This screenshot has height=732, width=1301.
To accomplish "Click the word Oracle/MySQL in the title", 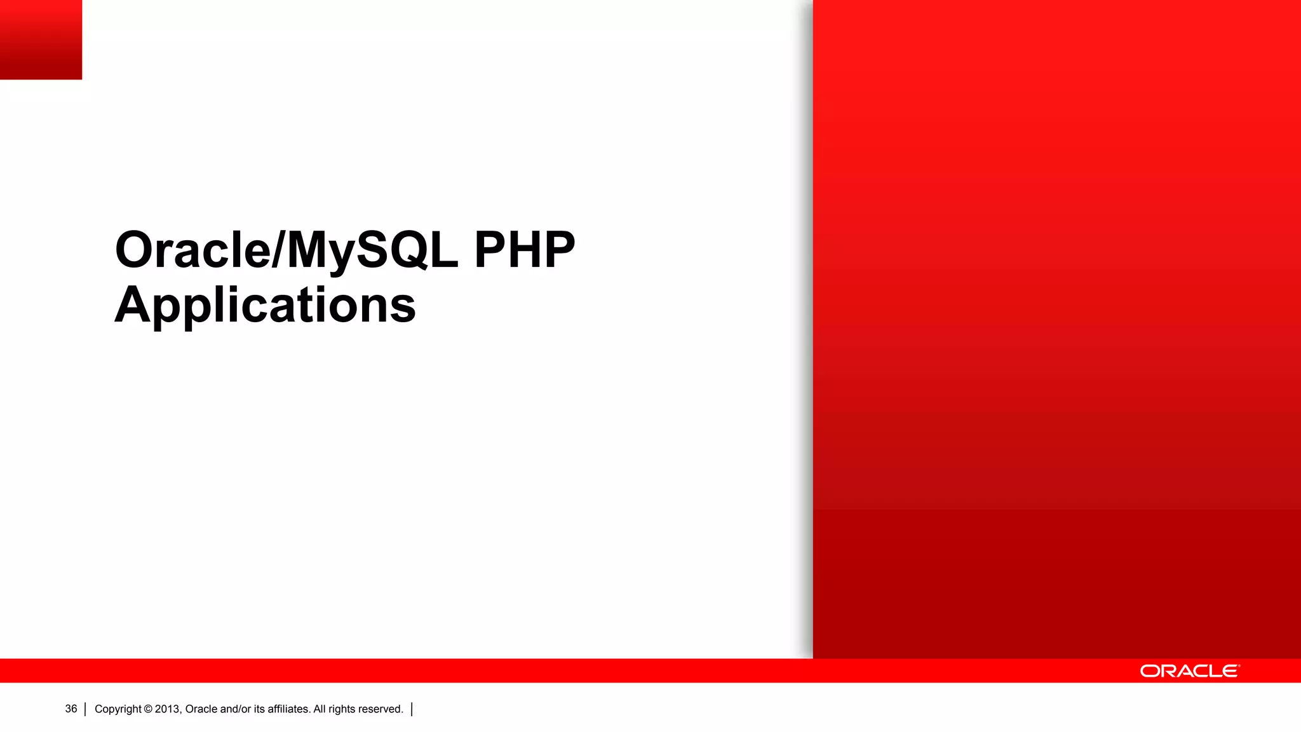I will click(x=286, y=250).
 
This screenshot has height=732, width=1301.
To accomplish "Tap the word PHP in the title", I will click(x=525, y=250).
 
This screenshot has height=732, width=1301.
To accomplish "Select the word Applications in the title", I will click(x=265, y=306).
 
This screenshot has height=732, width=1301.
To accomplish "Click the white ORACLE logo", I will click(x=1189, y=671).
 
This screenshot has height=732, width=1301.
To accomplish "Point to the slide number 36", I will click(x=71, y=709).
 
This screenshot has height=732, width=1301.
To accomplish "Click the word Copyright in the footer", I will click(x=118, y=709).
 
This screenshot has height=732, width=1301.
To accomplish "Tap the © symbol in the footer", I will click(x=148, y=709).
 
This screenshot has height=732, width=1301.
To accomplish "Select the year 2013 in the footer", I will click(x=168, y=709).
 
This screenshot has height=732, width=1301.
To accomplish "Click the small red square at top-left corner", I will click(x=41, y=39).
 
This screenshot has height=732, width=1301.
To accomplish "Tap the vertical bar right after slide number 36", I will click(x=85, y=709).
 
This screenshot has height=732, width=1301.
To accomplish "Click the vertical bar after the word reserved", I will click(x=412, y=709).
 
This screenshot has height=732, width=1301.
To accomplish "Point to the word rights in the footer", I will click(x=342, y=709).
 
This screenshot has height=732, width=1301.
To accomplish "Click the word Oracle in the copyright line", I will click(x=201, y=709).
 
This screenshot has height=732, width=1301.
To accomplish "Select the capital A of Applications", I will click(x=133, y=306).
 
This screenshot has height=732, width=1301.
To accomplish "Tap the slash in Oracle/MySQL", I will click(x=279, y=250).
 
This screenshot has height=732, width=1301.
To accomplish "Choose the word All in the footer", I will click(x=320, y=709).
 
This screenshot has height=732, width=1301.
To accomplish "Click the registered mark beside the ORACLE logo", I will click(x=1239, y=666).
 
